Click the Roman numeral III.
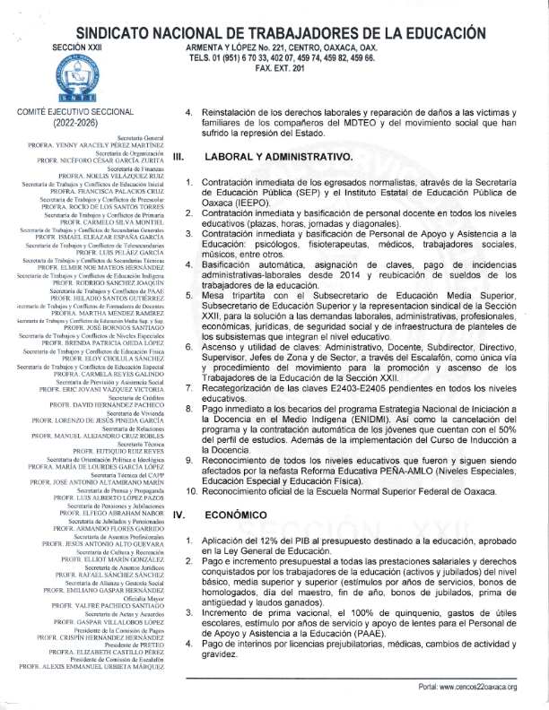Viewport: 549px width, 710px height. click(179, 156)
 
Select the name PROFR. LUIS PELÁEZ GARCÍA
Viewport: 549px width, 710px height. click(111, 252)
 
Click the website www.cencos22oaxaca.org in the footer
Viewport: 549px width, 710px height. click(480, 688)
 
